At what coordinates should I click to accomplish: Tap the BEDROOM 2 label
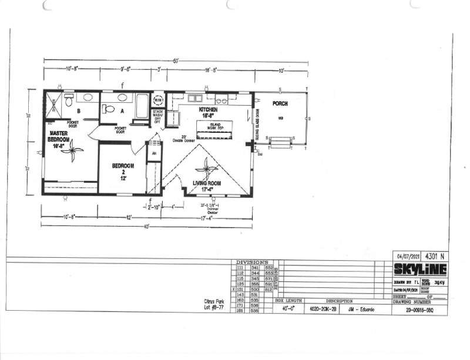[x=123, y=170]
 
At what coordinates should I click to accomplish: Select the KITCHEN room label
[x=208, y=112]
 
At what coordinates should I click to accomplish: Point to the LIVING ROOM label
[x=207, y=187]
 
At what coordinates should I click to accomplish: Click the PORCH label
[x=280, y=103]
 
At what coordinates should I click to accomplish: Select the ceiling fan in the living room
[x=206, y=169]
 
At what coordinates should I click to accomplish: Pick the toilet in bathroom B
[x=69, y=102]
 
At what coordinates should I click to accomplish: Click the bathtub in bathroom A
[x=142, y=106]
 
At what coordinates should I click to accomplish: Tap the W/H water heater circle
[x=158, y=99]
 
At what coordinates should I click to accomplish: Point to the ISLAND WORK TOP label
[x=214, y=127]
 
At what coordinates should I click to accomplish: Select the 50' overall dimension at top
[x=175, y=61]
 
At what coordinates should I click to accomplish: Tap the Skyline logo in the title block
[x=419, y=269]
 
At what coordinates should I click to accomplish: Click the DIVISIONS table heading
[x=252, y=262]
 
